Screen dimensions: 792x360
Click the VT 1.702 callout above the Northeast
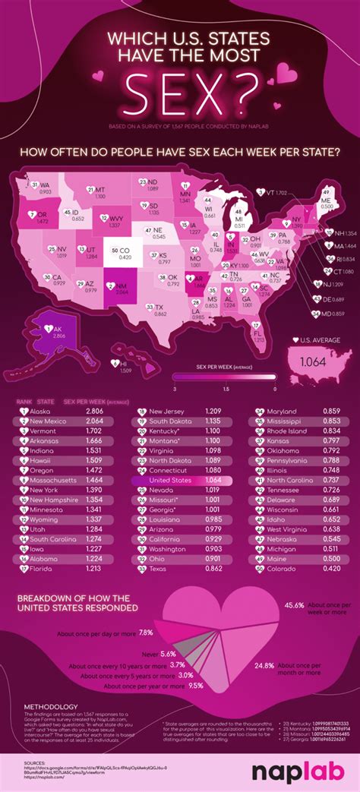tap(272, 193)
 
